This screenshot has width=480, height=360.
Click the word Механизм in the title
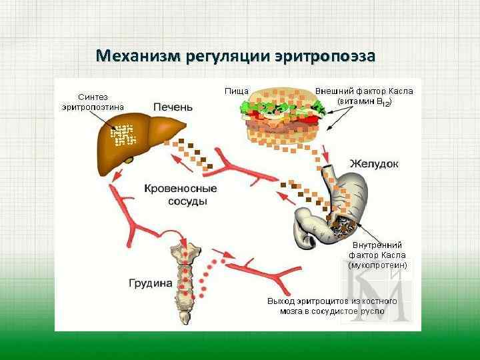click(138, 55)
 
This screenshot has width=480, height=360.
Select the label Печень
click(173, 107)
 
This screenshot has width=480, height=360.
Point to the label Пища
click(237, 91)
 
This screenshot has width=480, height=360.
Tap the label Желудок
click(374, 163)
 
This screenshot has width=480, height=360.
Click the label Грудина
click(150, 283)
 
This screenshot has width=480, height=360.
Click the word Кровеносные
click(181, 189)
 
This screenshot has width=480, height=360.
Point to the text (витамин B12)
click(365, 102)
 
